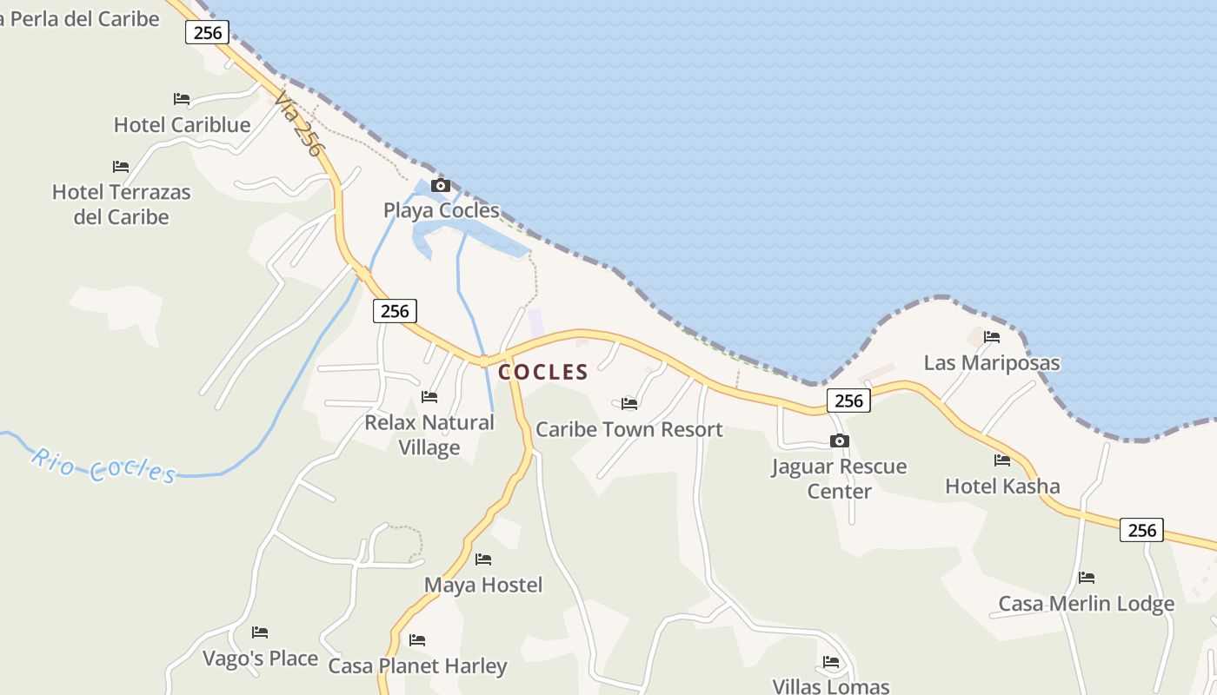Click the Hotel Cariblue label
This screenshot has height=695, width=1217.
(x=182, y=125)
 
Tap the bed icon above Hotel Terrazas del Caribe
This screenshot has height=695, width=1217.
(x=121, y=166)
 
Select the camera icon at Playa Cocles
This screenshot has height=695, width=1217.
(x=441, y=185)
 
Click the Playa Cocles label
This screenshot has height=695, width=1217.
(x=442, y=210)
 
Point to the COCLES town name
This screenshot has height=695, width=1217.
(x=543, y=373)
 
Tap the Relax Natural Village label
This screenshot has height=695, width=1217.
(x=429, y=435)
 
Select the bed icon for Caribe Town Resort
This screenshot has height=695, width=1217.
(x=629, y=403)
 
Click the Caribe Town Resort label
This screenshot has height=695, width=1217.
(x=629, y=430)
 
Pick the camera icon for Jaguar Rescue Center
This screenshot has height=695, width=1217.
(x=839, y=441)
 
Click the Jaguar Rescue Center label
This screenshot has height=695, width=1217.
(x=839, y=479)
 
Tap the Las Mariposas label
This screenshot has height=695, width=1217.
(x=992, y=363)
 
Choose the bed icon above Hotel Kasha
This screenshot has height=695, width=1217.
(x=1002, y=460)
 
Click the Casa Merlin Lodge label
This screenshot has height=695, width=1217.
(x=1086, y=604)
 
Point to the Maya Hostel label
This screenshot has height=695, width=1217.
(x=483, y=586)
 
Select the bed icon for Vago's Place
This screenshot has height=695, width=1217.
(x=260, y=632)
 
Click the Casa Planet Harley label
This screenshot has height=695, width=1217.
(x=417, y=666)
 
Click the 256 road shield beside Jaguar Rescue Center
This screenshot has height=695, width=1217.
(x=848, y=400)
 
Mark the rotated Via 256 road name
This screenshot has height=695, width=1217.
(x=297, y=125)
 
